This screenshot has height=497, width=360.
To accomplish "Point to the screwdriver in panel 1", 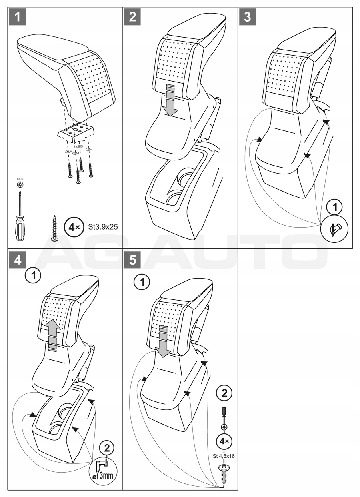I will pyautogui.click(x=20, y=216).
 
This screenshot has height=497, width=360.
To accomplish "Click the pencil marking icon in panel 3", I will pyautogui.click(x=334, y=230).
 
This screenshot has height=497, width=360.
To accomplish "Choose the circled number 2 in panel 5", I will pyautogui.click(x=224, y=393).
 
